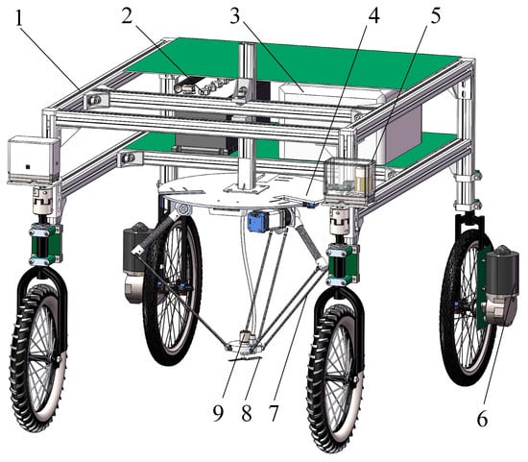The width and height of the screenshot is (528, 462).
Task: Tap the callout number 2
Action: coord(127,15)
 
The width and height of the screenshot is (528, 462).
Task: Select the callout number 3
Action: coord(235,15)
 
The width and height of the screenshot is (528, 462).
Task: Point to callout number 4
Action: coord(374,15)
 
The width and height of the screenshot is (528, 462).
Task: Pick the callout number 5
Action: coord(436,15)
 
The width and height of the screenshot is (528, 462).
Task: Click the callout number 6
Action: coord(482,419)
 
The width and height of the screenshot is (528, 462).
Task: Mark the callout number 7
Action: coord(274,413)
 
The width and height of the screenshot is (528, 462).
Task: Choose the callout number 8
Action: coord(247,413)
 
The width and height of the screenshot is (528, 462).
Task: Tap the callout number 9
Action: coord(218,413)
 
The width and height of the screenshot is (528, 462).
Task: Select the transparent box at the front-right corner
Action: coord(349,180)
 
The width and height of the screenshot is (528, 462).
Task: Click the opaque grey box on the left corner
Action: coord(33,160)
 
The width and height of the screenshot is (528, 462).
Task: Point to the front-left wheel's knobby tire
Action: coord(38,357)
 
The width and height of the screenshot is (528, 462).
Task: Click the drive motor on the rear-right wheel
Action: coord(501,286)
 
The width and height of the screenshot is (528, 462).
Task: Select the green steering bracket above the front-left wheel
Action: coord(45,244)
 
